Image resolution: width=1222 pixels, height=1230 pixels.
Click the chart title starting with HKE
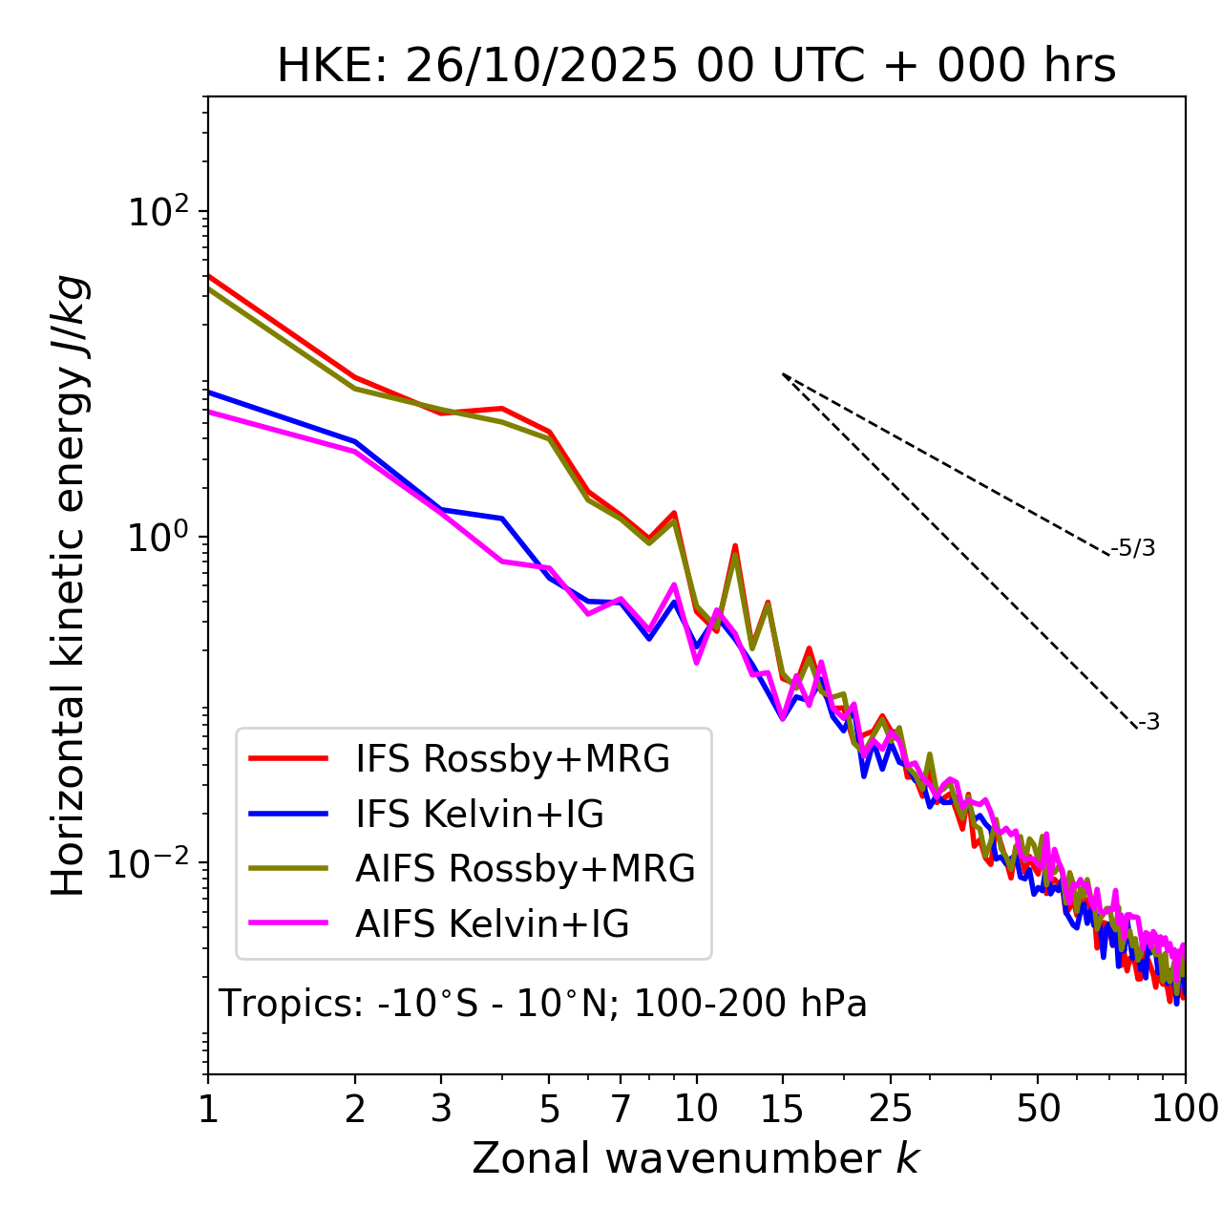[696, 67]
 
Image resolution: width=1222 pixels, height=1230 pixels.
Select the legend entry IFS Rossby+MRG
[513, 759]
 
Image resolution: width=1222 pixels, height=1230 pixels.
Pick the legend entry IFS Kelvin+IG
[479, 815]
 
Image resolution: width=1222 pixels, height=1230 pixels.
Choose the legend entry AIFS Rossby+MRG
[525, 869]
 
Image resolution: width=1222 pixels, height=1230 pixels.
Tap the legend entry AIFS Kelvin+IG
[492, 924]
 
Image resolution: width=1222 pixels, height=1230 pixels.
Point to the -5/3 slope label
[1133, 548]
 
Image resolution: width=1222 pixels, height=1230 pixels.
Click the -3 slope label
[1148, 723]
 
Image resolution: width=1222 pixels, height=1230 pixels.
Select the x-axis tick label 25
[891, 1109]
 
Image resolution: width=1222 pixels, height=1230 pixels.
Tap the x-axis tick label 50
[1038, 1109]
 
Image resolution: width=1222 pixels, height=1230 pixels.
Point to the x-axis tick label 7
[621, 1109]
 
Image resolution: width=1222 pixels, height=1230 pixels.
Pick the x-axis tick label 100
[1185, 1109]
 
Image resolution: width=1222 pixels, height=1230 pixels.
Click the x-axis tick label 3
[441, 1109]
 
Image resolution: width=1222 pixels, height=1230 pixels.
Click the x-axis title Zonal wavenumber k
[696, 1158]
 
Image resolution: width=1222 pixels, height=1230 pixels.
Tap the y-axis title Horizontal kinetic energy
[69, 585]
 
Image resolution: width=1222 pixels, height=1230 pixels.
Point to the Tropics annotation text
[543, 1005]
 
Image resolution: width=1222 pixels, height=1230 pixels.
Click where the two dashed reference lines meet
[783, 374]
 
